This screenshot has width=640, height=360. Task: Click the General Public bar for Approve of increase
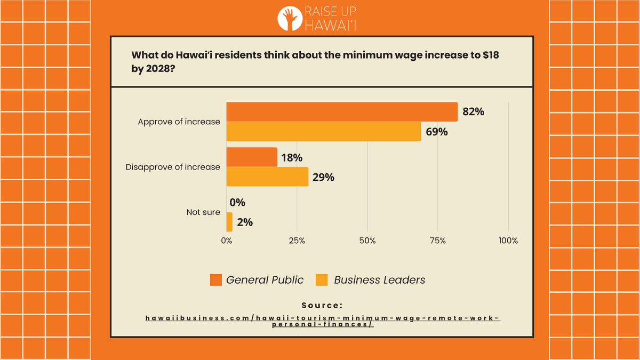tap(342, 112)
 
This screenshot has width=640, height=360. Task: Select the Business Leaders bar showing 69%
tap(324, 131)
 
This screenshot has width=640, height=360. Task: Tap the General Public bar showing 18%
tap(252, 157)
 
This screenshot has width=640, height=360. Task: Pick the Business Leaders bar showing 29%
tap(267, 177)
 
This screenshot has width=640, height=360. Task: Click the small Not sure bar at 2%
tap(229, 222)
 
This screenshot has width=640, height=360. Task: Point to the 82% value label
tap(473, 112)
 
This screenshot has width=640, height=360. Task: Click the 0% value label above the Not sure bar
tap(237, 203)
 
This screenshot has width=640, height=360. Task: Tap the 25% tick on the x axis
tap(297, 241)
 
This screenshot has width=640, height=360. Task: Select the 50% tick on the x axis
tap(367, 241)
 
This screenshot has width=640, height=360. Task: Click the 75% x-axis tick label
tap(438, 241)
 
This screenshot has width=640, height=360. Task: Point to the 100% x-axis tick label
tap(508, 241)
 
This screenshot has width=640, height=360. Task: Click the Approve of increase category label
tap(179, 122)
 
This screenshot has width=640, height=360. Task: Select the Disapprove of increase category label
tap(173, 167)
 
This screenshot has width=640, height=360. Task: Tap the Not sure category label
tap(203, 212)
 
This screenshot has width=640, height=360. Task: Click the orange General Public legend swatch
tap(215, 280)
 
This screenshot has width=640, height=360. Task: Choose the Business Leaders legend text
tap(379, 280)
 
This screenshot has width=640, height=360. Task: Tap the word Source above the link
tap(322, 306)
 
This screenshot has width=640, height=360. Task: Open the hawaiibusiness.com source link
tap(322, 321)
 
